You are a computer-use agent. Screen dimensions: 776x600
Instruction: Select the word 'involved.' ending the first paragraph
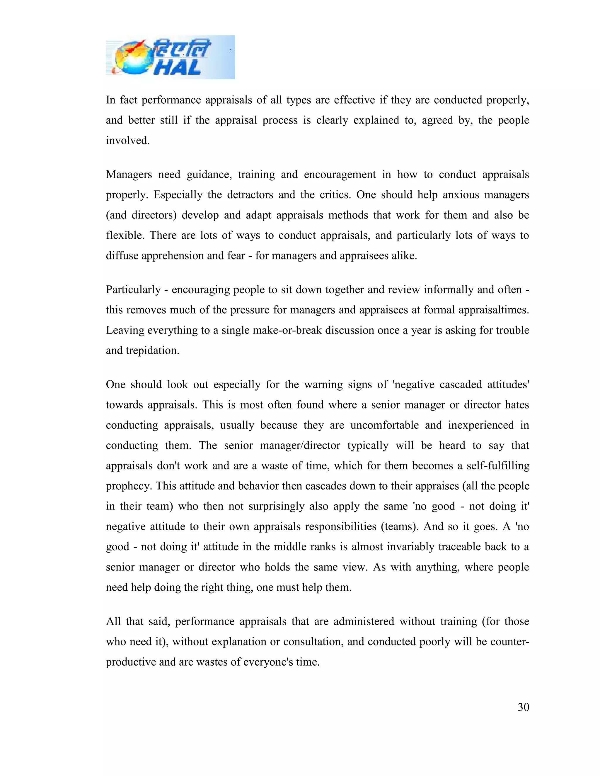[128, 141]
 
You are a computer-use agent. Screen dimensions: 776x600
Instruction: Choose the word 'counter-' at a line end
[510, 642]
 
